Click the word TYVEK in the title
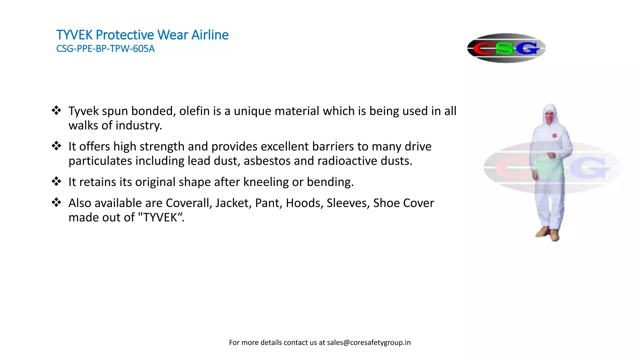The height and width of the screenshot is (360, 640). [x=74, y=35]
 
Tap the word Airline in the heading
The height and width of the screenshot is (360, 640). [x=210, y=35]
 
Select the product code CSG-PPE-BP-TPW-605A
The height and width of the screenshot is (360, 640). [x=105, y=49]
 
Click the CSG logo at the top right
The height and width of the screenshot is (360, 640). [x=506, y=48]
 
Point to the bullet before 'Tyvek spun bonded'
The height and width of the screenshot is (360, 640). [x=56, y=111]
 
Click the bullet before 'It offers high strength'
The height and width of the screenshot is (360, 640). [x=56, y=146]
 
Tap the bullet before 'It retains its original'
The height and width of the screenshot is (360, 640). [x=56, y=182]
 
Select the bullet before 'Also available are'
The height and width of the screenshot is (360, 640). [x=56, y=202]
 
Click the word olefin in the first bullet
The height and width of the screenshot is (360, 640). [x=194, y=111]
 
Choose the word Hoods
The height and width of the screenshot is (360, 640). [x=304, y=203]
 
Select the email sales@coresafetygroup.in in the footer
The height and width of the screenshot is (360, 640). [x=369, y=342]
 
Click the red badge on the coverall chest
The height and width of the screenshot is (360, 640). [x=554, y=136]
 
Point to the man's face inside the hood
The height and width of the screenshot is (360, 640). [x=550, y=117]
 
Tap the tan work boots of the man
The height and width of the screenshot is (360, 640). [x=548, y=233]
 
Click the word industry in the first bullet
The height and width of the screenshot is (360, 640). [x=139, y=126]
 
